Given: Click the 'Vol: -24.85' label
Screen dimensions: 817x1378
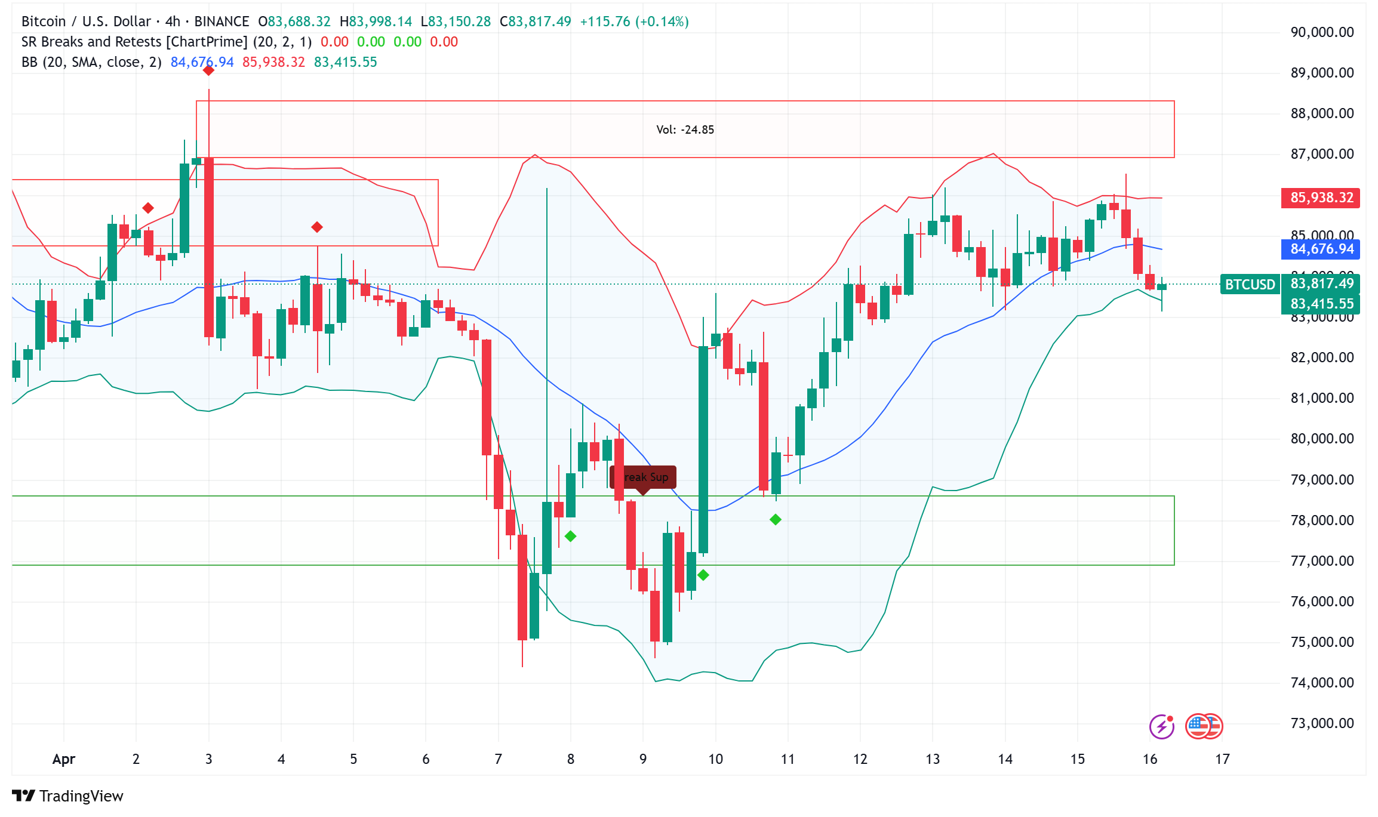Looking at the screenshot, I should click(685, 130).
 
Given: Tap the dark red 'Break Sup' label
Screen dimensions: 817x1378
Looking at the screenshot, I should click(644, 477).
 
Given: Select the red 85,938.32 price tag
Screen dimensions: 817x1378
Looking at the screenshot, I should click(1321, 198).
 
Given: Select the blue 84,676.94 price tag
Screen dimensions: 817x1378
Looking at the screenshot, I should click(1321, 249).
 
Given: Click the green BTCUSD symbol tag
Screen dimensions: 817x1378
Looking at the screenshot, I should click(1250, 285).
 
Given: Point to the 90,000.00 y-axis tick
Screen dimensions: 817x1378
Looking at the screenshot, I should click(1322, 32).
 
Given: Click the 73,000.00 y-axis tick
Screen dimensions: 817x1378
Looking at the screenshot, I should click(1322, 723).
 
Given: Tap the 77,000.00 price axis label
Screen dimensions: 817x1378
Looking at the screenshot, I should click(1322, 561).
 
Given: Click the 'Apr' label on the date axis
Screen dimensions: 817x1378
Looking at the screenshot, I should click(63, 759).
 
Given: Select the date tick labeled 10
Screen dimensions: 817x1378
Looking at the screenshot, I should click(715, 759).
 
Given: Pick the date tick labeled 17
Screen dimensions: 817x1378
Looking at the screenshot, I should click(1222, 759).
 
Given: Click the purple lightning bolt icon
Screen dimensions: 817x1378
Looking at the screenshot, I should click(1161, 726).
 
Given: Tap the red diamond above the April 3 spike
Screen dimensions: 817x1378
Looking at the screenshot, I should click(208, 70).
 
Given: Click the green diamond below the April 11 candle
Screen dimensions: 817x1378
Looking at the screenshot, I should click(776, 520).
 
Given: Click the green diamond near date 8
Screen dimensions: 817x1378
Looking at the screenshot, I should click(570, 536).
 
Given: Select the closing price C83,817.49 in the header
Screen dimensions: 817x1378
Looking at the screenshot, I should click(536, 21).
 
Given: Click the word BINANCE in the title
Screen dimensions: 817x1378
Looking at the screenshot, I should click(222, 21).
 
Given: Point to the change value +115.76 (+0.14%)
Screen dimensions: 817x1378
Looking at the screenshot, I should click(634, 21).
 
